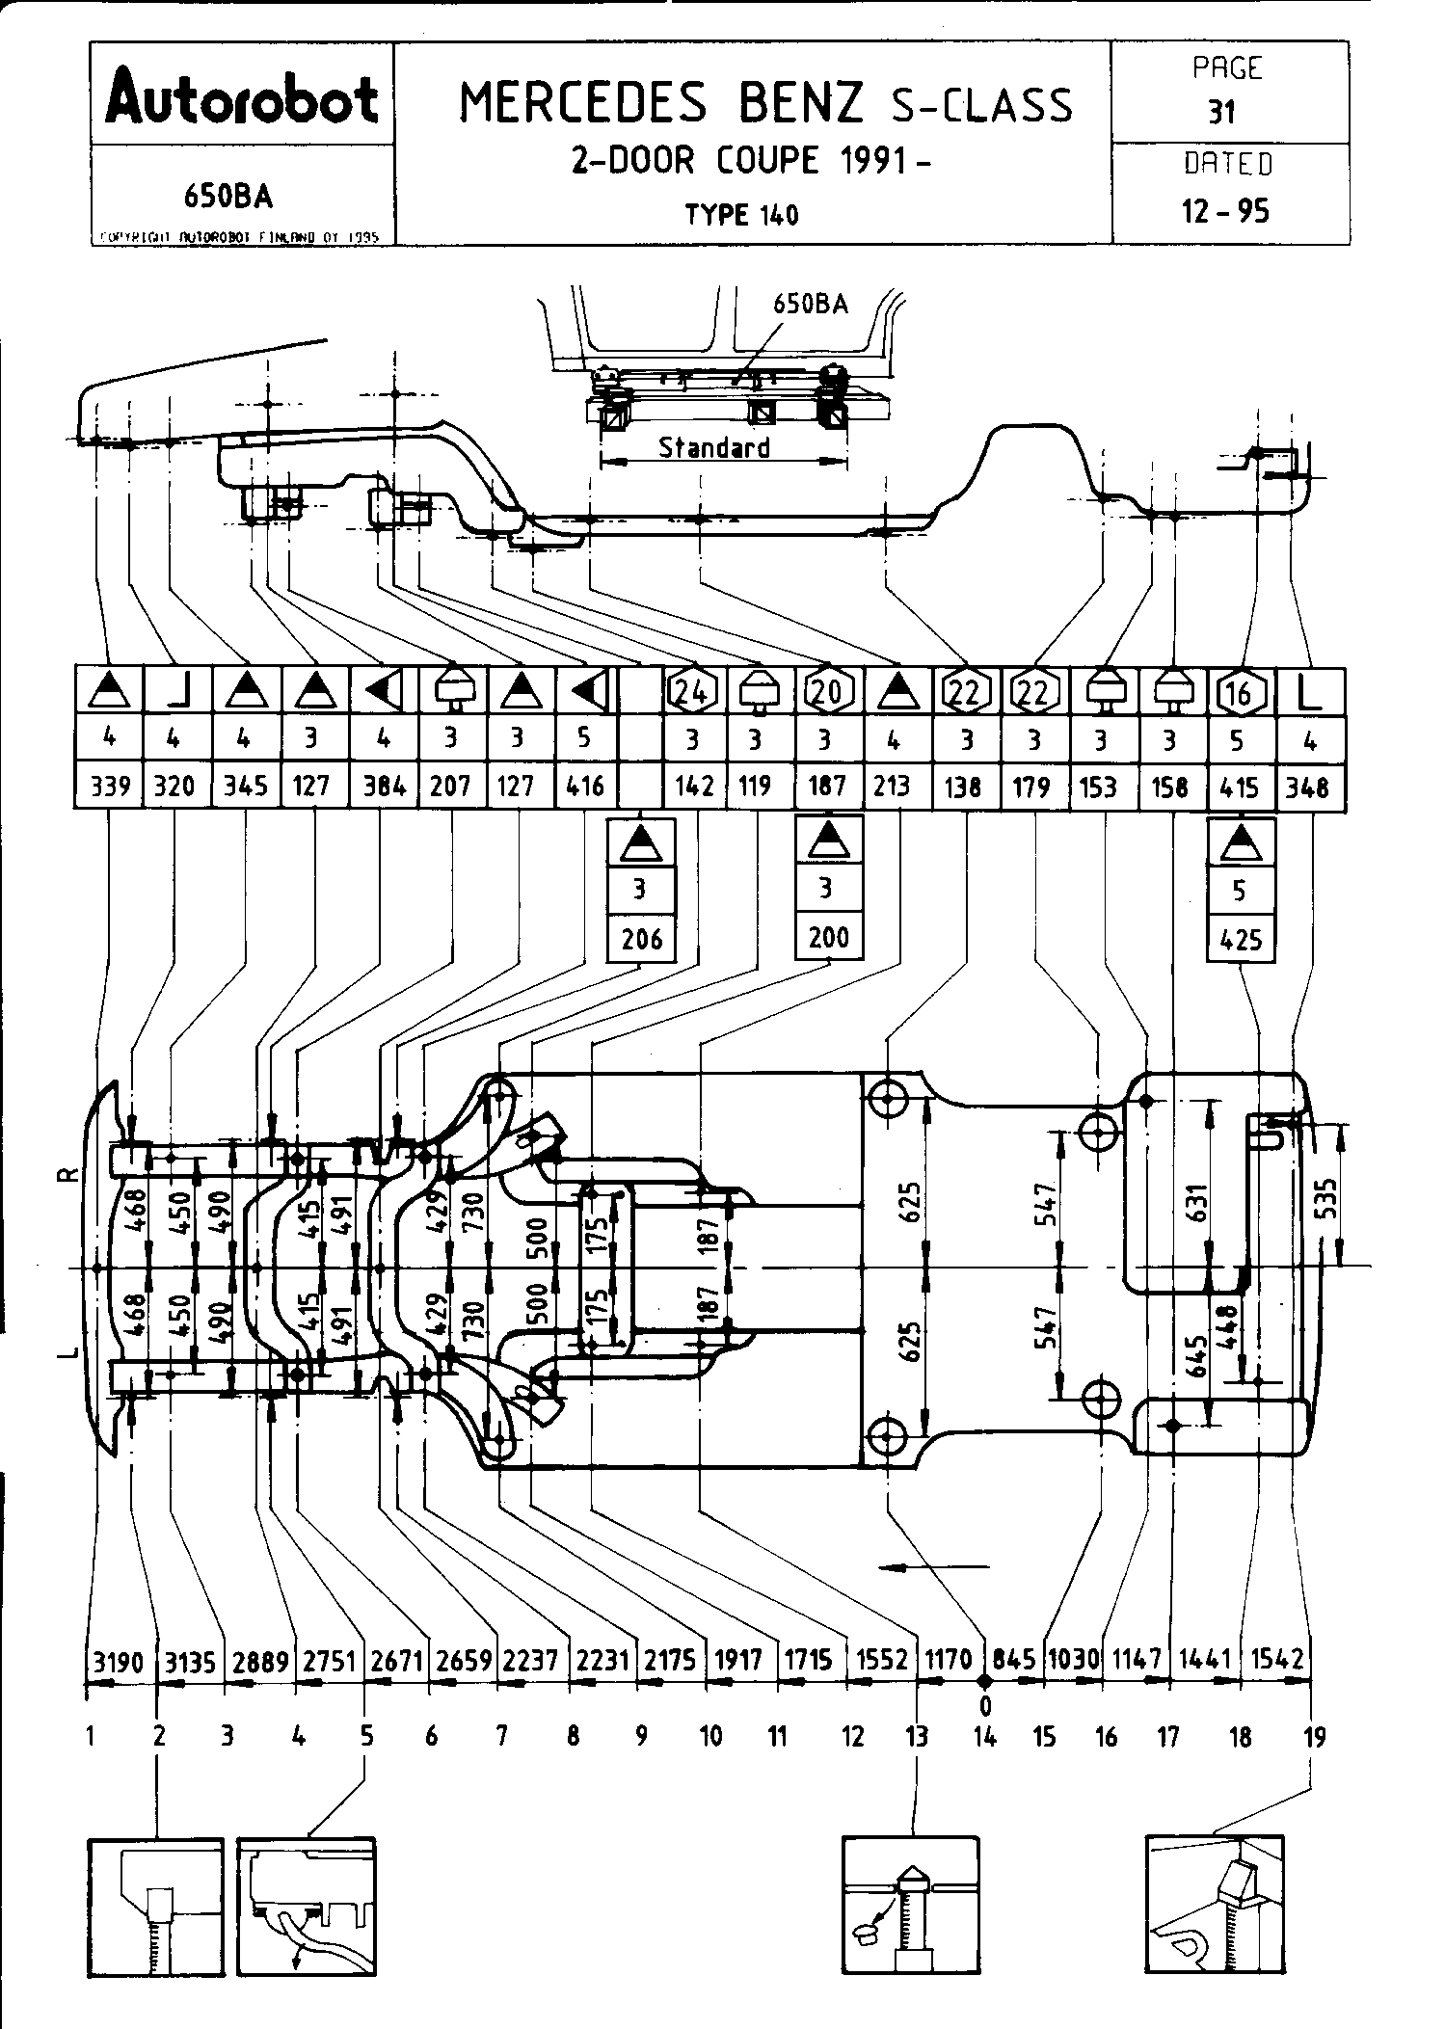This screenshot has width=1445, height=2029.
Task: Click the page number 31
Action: pyautogui.click(x=1222, y=113)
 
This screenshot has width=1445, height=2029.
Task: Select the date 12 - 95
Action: pyautogui.click(x=1226, y=211)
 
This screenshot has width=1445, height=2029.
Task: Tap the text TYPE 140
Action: pyautogui.click(x=742, y=214)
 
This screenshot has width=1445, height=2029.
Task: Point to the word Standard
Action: pyautogui.click(x=713, y=447)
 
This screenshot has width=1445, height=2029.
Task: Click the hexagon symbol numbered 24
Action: pyautogui.click(x=693, y=691)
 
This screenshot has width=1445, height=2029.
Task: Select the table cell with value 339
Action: pyautogui.click(x=110, y=787)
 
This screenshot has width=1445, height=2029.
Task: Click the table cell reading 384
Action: pyautogui.click(x=383, y=787)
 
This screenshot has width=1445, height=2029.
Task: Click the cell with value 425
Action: pyautogui.click(x=1241, y=939)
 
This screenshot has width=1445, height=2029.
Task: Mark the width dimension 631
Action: pyautogui.click(x=1196, y=1201)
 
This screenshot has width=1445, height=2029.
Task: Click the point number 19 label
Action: pyautogui.click(x=1314, y=1737)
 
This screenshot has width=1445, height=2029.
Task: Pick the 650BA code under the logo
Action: pyautogui.click(x=228, y=196)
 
